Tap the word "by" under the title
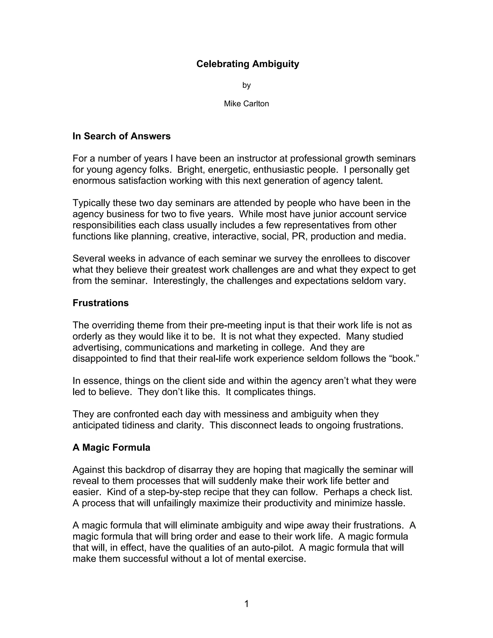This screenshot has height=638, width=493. (246, 85)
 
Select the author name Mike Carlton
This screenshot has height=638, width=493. (246, 104)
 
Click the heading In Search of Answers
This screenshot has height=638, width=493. (122, 136)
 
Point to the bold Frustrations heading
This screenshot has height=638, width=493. (100, 303)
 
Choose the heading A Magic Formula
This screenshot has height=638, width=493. (111, 448)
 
